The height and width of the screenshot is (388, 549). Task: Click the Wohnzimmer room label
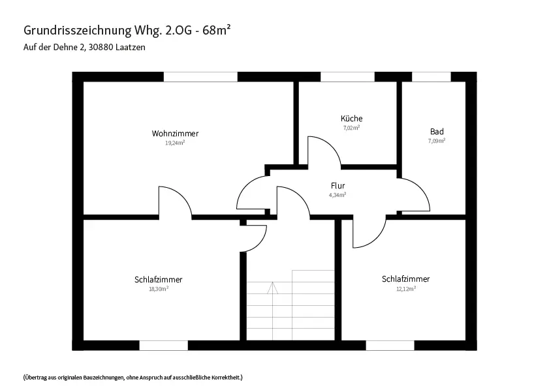click(x=175, y=133)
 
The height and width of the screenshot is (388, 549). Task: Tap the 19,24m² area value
click(x=175, y=143)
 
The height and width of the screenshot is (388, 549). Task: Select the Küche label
click(x=351, y=118)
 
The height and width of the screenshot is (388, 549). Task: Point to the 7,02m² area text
click(x=351, y=128)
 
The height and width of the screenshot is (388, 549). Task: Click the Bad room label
click(x=437, y=132)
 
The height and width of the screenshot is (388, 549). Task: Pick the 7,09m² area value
click(x=437, y=141)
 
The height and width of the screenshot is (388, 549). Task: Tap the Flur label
click(x=338, y=186)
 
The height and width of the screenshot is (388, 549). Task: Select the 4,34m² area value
click(x=337, y=195)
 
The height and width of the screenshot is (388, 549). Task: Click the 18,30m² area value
click(x=159, y=289)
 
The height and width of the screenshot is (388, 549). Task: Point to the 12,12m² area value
click(x=406, y=289)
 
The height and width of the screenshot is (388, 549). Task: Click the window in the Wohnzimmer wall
click(x=200, y=76)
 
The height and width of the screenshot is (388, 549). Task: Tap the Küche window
click(x=348, y=76)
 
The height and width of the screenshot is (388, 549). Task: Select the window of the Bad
click(x=431, y=76)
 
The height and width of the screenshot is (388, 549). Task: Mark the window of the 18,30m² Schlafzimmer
click(x=164, y=346)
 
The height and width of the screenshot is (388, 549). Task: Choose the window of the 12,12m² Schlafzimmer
click(x=390, y=346)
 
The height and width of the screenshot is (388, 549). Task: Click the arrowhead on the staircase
click(x=272, y=288)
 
